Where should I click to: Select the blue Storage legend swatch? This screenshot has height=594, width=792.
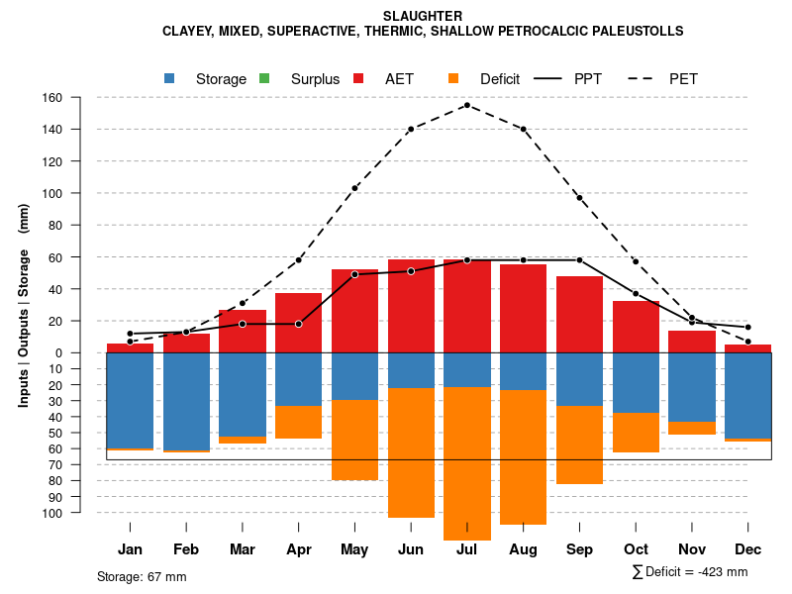click(x=170, y=78)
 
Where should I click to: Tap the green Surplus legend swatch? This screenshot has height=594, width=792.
click(x=264, y=78)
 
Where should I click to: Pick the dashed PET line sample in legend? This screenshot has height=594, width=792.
click(x=638, y=78)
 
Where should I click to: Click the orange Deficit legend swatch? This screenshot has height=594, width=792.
click(x=453, y=78)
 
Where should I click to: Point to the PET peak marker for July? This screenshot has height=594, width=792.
click(x=466, y=105)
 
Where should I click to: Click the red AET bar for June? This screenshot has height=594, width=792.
click(x=411, y=306)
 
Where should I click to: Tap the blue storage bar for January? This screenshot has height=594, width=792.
click(x=130, y=400)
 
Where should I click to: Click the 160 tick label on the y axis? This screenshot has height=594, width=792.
click(x=80, y=98)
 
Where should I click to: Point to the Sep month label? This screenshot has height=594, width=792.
click(x=579, y=549)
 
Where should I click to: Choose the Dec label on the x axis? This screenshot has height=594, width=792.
click(x=748, y=549)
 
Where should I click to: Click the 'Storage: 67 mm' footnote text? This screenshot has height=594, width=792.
click(x=142, y=576)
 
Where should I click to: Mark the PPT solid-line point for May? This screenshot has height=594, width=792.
click(x=354, y=274)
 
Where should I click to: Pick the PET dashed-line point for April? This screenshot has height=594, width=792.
click(x=298, y=260)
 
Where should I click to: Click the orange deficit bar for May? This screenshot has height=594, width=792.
click(x=354, y=440)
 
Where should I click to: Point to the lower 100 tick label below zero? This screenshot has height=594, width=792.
click(x=80, y=513)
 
